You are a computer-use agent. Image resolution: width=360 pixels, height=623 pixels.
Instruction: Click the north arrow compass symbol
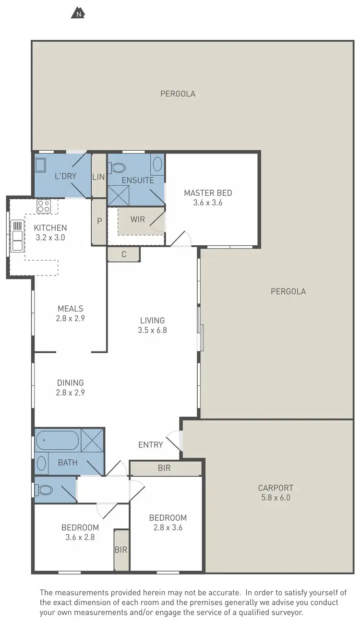78,13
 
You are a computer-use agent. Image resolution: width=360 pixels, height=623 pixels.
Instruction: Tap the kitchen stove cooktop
44,206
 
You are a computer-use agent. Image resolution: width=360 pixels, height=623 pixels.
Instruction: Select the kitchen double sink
17,236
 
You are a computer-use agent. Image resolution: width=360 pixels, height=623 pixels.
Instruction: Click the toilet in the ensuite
117,168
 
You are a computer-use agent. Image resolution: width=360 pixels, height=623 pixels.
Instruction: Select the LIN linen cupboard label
98,177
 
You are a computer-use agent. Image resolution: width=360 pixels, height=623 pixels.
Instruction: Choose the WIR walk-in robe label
138,219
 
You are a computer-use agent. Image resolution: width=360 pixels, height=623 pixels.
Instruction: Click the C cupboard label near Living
123,254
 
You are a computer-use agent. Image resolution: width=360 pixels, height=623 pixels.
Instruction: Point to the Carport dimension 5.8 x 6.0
275,498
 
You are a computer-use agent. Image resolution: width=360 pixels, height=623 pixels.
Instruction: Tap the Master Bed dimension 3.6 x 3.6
208,203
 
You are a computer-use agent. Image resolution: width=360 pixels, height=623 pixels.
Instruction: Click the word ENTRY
151,445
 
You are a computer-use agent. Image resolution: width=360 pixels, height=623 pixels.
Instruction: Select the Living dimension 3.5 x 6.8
152,330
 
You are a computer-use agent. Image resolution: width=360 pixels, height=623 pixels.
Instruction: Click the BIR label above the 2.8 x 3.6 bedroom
164,468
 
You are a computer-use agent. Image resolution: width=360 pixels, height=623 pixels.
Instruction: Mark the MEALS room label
71,309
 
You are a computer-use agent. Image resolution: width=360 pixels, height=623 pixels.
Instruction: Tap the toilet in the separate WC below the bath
45,490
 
